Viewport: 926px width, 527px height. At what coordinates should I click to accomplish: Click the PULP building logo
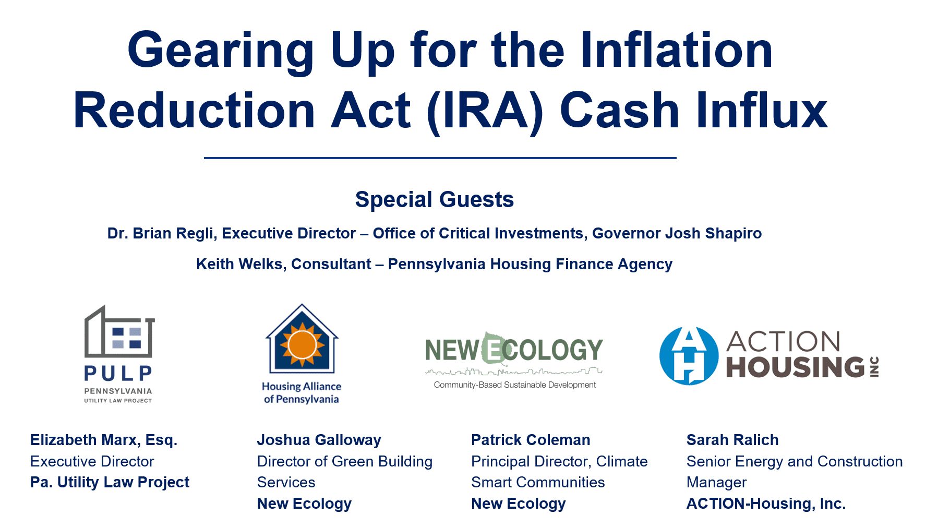tap(119, 332)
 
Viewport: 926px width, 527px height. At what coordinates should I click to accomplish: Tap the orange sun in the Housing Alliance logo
tap(303, 344)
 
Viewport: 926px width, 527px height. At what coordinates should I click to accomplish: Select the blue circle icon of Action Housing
tap(689, 356)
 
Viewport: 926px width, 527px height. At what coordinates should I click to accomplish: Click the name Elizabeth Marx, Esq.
tap(104, 440)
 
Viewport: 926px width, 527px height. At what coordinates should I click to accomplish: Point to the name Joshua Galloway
tap(319, 440)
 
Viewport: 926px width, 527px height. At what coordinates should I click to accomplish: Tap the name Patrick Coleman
tap(531, 440)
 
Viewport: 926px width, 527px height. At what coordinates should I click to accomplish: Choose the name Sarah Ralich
tap(732, 440)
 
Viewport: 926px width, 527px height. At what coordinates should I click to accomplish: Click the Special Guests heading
tap(435, 200)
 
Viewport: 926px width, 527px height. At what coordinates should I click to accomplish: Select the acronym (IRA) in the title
tap(485, 111)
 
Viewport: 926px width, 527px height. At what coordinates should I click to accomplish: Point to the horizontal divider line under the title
tap(440, 158)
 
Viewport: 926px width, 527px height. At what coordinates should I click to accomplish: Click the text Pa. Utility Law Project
tap(110, 482)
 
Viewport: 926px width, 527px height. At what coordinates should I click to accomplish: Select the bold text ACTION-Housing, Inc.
tap(766, 504)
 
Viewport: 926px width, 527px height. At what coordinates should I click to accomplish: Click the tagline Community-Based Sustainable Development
tap(515, 385)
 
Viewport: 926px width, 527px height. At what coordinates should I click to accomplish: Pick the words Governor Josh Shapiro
tap(677, 233)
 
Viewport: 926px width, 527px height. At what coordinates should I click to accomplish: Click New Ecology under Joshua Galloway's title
tap(304, 504)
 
